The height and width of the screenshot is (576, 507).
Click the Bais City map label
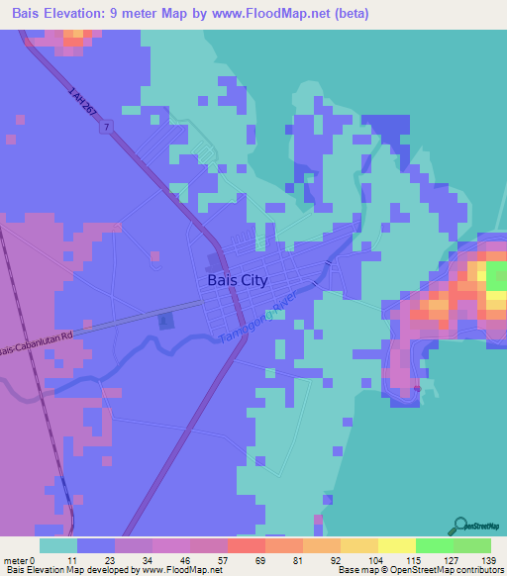tap(238, 280)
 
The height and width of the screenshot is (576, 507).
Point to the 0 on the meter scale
tap(33, 560)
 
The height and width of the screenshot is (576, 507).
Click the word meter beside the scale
tap(15, 560)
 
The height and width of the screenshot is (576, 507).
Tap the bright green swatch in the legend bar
tap(435, 545)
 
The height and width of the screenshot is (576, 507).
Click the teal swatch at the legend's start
tap(58, 545)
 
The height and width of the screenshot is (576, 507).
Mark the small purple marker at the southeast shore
tap(417, 389)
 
